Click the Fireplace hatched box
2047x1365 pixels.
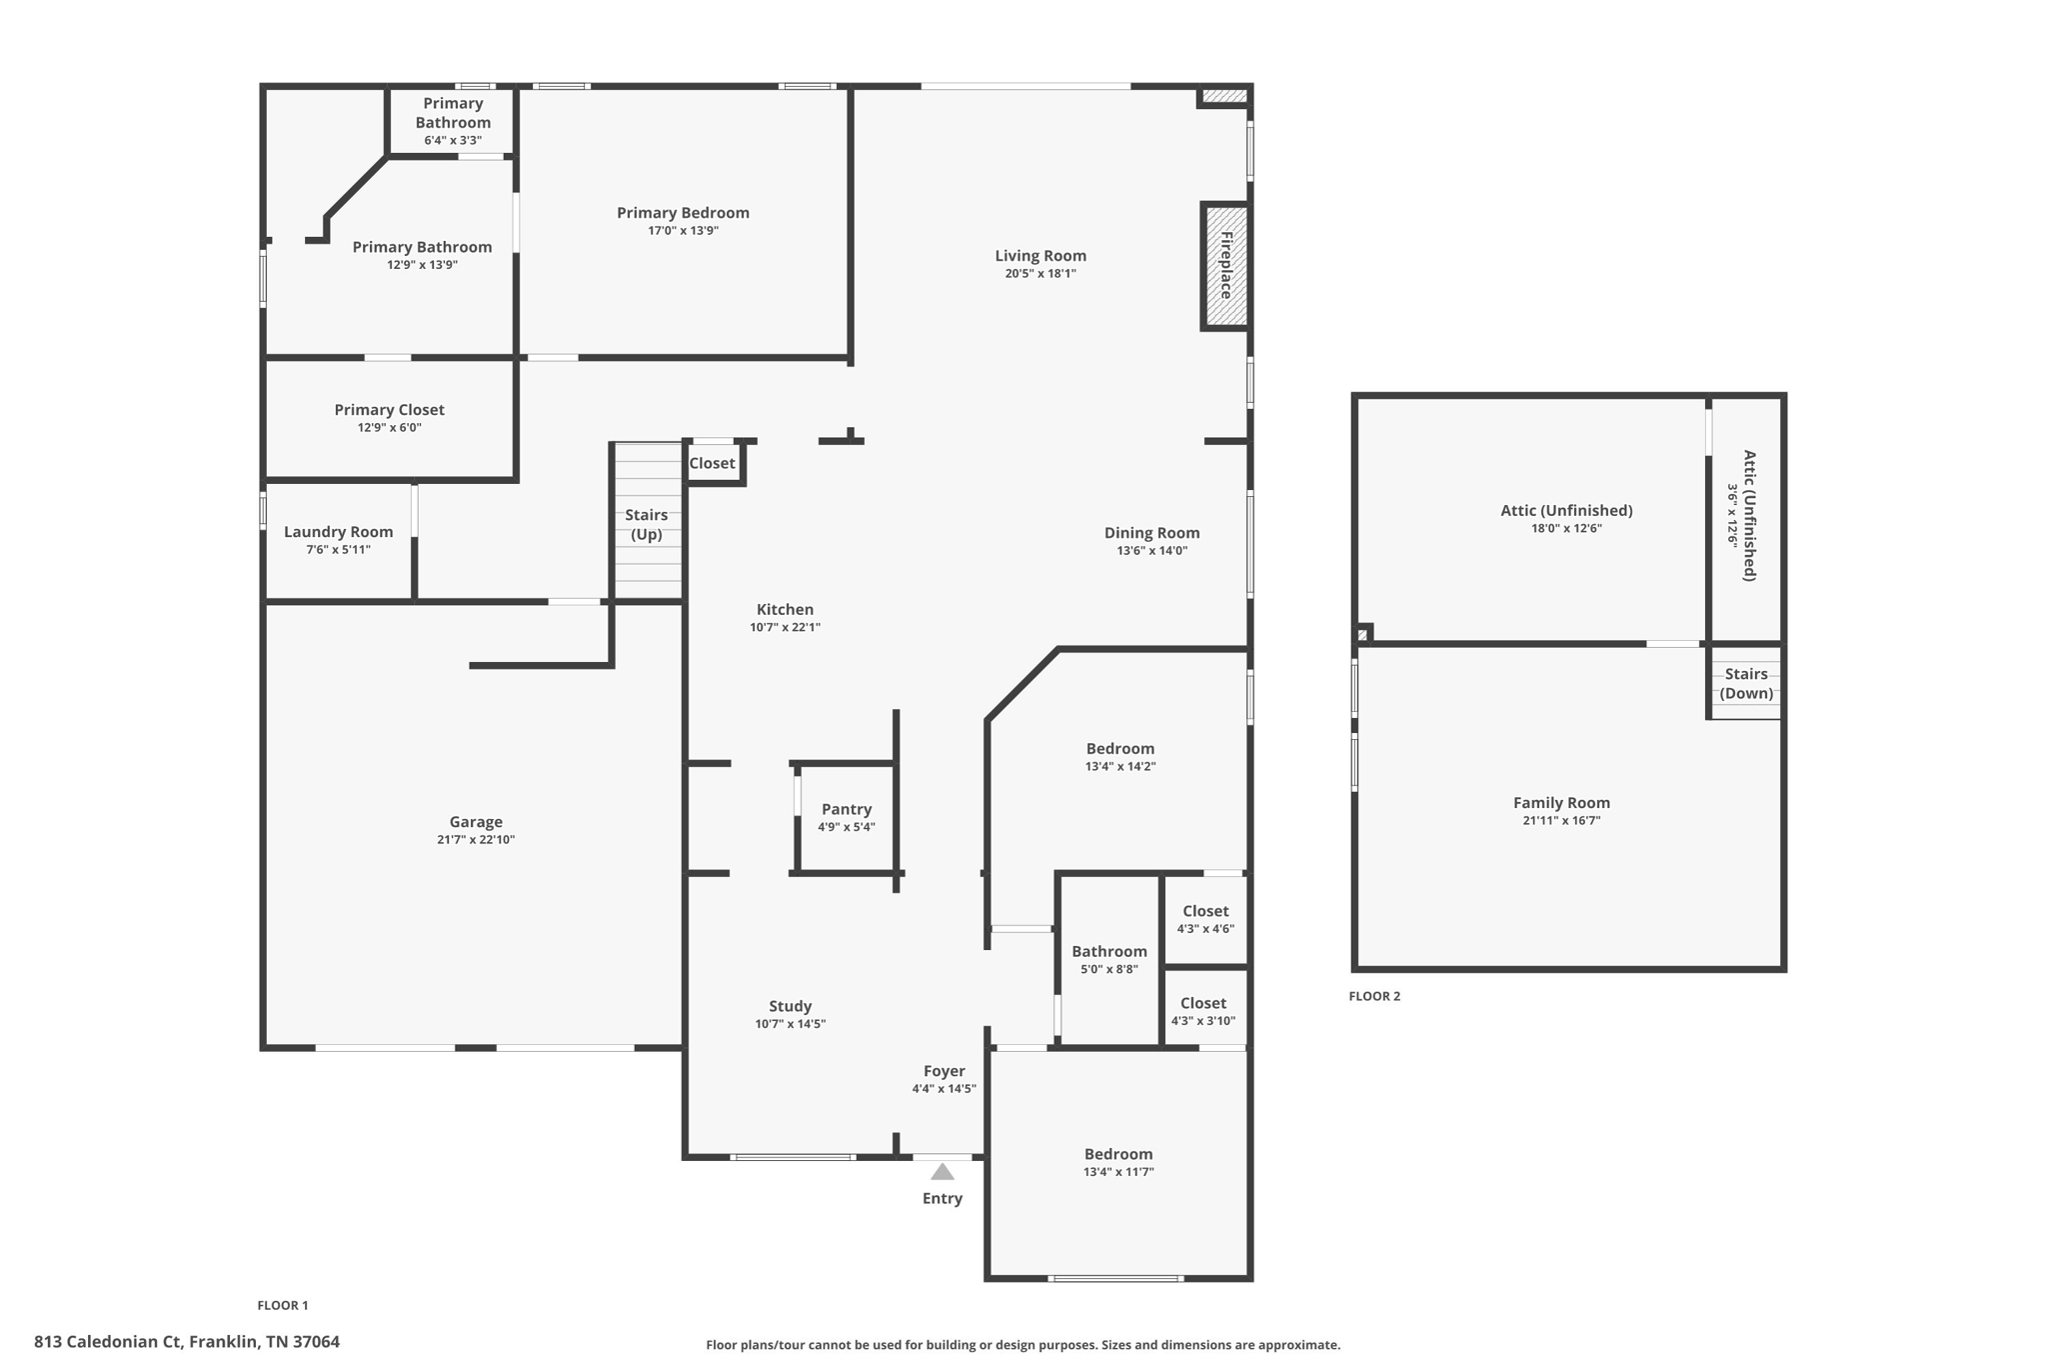[1225, 266]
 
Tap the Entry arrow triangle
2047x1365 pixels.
[942, 1172]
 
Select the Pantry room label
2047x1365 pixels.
[847, 809]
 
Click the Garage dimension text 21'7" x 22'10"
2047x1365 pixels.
[476, 840]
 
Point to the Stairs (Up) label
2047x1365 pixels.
[646, 524]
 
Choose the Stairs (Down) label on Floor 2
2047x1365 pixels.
[1745, 683]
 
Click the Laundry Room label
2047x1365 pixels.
[338, 532]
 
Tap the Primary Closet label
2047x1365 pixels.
[389, 410]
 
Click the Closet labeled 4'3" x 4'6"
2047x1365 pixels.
[1205, 911]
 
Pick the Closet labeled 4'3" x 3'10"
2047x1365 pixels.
[1203, 1003]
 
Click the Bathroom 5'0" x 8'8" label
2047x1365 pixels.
[1109, 952]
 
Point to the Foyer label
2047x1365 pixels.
[944, 1071]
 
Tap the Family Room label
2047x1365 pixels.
[1561, 803]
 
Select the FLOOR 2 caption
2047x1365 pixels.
[1374, 996]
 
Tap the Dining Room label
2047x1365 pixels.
[1151, 533]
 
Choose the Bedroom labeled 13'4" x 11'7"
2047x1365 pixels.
[1118, 1154]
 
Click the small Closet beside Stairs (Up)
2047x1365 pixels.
[712, 463]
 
